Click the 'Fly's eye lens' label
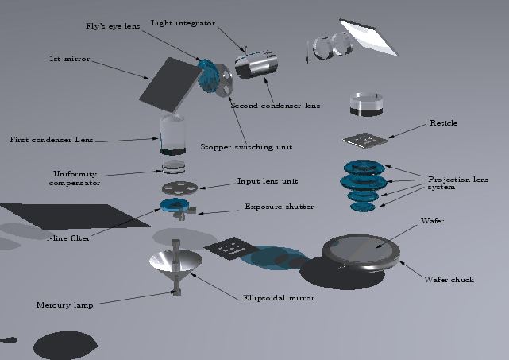[114, 26]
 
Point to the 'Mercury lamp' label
[64, 304]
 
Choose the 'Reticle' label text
[443, 123]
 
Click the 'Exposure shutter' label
[279, 207]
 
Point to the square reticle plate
[365, 140]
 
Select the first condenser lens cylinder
[172, 134]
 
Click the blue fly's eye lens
[210, 76]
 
